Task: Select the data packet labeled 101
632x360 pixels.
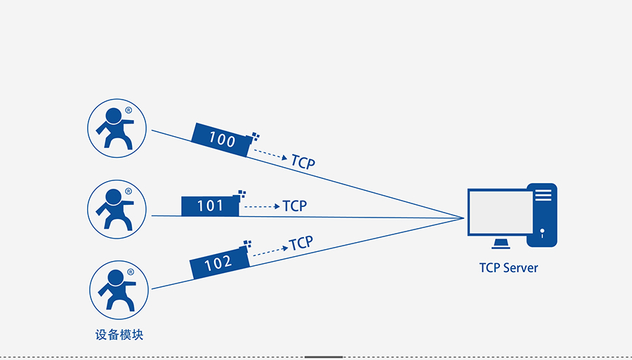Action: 210,206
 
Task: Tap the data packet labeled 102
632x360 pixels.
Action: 218,263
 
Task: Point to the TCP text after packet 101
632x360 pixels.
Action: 295,206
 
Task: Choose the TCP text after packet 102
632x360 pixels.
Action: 301,243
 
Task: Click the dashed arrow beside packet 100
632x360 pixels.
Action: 270,154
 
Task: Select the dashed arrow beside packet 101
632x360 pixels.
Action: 261,206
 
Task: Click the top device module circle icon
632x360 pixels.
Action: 117,128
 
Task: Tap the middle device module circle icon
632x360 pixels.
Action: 117,208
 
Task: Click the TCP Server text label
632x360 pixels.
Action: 508,267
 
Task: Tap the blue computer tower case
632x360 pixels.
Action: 543,215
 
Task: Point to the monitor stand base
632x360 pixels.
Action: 501,244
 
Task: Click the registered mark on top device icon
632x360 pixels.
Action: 129,111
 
